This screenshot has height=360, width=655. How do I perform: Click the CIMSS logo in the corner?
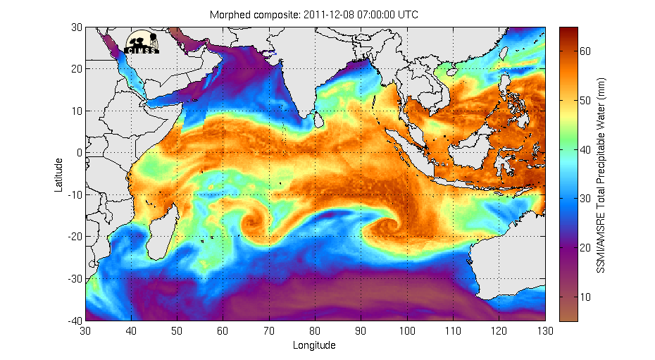[x=142, y=42]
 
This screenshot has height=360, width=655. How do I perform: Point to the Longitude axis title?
[x=314, y=345]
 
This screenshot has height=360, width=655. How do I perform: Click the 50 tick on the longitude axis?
[x=177, y=330]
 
